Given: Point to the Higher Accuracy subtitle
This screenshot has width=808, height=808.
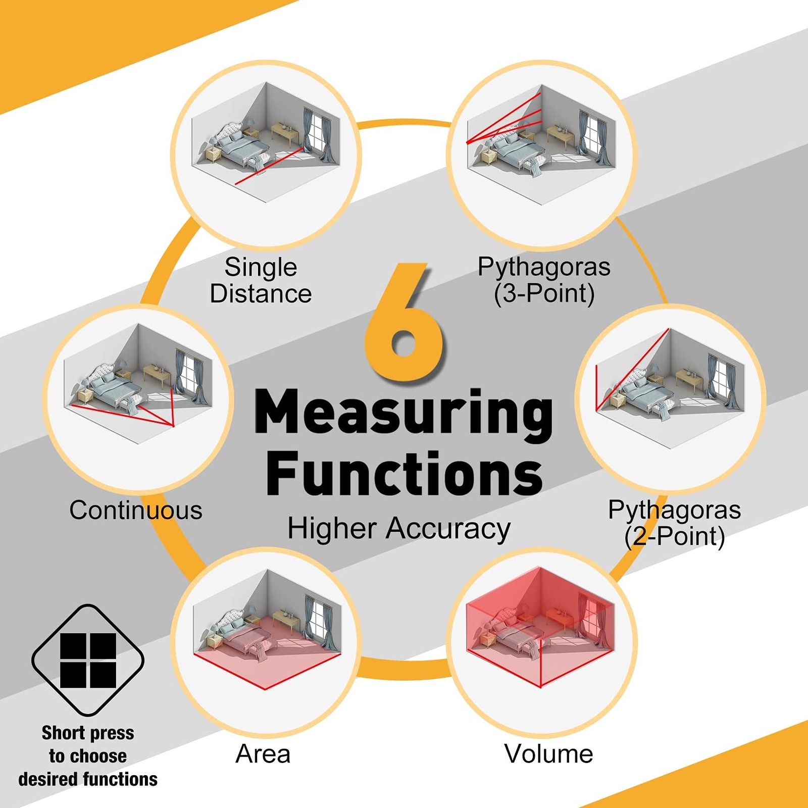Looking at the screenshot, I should (399, 529).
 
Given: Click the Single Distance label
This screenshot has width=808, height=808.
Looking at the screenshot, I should (261, 280).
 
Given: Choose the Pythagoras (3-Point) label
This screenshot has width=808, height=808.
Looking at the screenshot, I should (544, 280).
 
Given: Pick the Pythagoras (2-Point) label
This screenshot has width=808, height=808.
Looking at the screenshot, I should (674, 523).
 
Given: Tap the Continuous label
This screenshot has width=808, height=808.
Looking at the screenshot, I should (136, 510).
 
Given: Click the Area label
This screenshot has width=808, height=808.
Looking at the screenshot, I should (263, 754).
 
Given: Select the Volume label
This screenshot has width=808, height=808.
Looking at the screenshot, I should (548, 754).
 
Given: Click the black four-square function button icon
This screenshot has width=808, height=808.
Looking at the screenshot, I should (88, 661).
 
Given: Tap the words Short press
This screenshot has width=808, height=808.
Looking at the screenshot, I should (88, 733).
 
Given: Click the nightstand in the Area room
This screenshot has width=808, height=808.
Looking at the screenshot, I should (214, 641).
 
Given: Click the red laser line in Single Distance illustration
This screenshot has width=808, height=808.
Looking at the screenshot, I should (268, 167).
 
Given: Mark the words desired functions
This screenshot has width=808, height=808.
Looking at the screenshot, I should (88, 779).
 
